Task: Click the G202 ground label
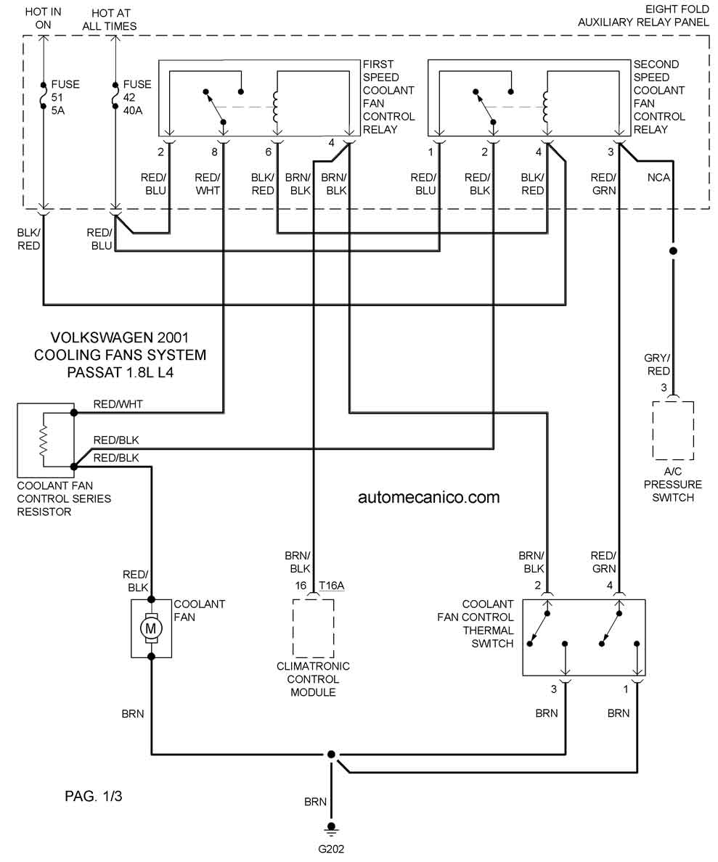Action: coord(330,849)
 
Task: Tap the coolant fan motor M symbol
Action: coord(151,628)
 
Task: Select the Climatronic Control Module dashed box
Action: coord(313,628)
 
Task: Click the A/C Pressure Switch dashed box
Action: coord(673,430)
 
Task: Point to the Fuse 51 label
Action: coord(65,91)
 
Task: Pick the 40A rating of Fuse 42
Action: coord(133,110)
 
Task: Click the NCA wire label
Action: coord(658,178)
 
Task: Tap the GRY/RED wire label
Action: coord(658,364)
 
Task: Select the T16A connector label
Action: coord(331,586)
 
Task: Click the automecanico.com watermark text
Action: coord(428,497)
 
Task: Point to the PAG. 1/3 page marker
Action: coord(93,795)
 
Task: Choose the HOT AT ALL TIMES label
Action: coord(110,20)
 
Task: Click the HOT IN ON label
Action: coord(43,18)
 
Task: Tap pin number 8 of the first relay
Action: coord(215,152)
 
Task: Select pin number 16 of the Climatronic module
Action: coord(301,586)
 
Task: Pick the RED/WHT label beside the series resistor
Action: coord(118,404)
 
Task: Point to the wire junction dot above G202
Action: coord(330,755)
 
